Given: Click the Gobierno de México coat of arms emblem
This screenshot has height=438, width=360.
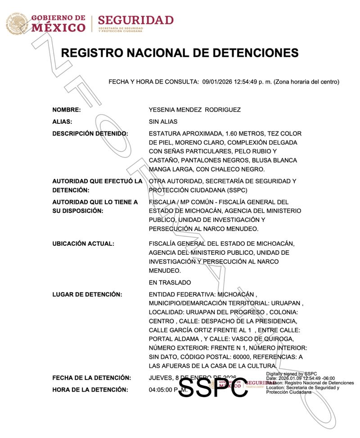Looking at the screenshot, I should (x=17, y=24).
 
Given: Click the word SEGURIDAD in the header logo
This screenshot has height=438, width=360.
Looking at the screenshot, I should (x=135, y=20).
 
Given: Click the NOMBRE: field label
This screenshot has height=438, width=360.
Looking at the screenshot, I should (x=67, y=110).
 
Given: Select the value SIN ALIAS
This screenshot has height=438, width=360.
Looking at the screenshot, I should (x=163, y=122).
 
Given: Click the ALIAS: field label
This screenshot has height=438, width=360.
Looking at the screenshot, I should (x=63, y=122).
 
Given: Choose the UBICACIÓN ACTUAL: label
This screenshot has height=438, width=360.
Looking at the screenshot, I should (x=83, y=244).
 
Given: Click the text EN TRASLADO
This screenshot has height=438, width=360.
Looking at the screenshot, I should (x=170, y=282).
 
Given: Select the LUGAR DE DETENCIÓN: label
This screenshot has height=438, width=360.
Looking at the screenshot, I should (x=87, y=294).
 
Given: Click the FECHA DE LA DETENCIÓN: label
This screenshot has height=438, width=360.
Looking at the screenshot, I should (x=92, y=377).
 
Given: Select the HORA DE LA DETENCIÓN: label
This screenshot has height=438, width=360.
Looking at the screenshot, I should (x=90, y=389).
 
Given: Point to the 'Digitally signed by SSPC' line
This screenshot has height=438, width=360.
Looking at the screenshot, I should (x=292, y=374).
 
